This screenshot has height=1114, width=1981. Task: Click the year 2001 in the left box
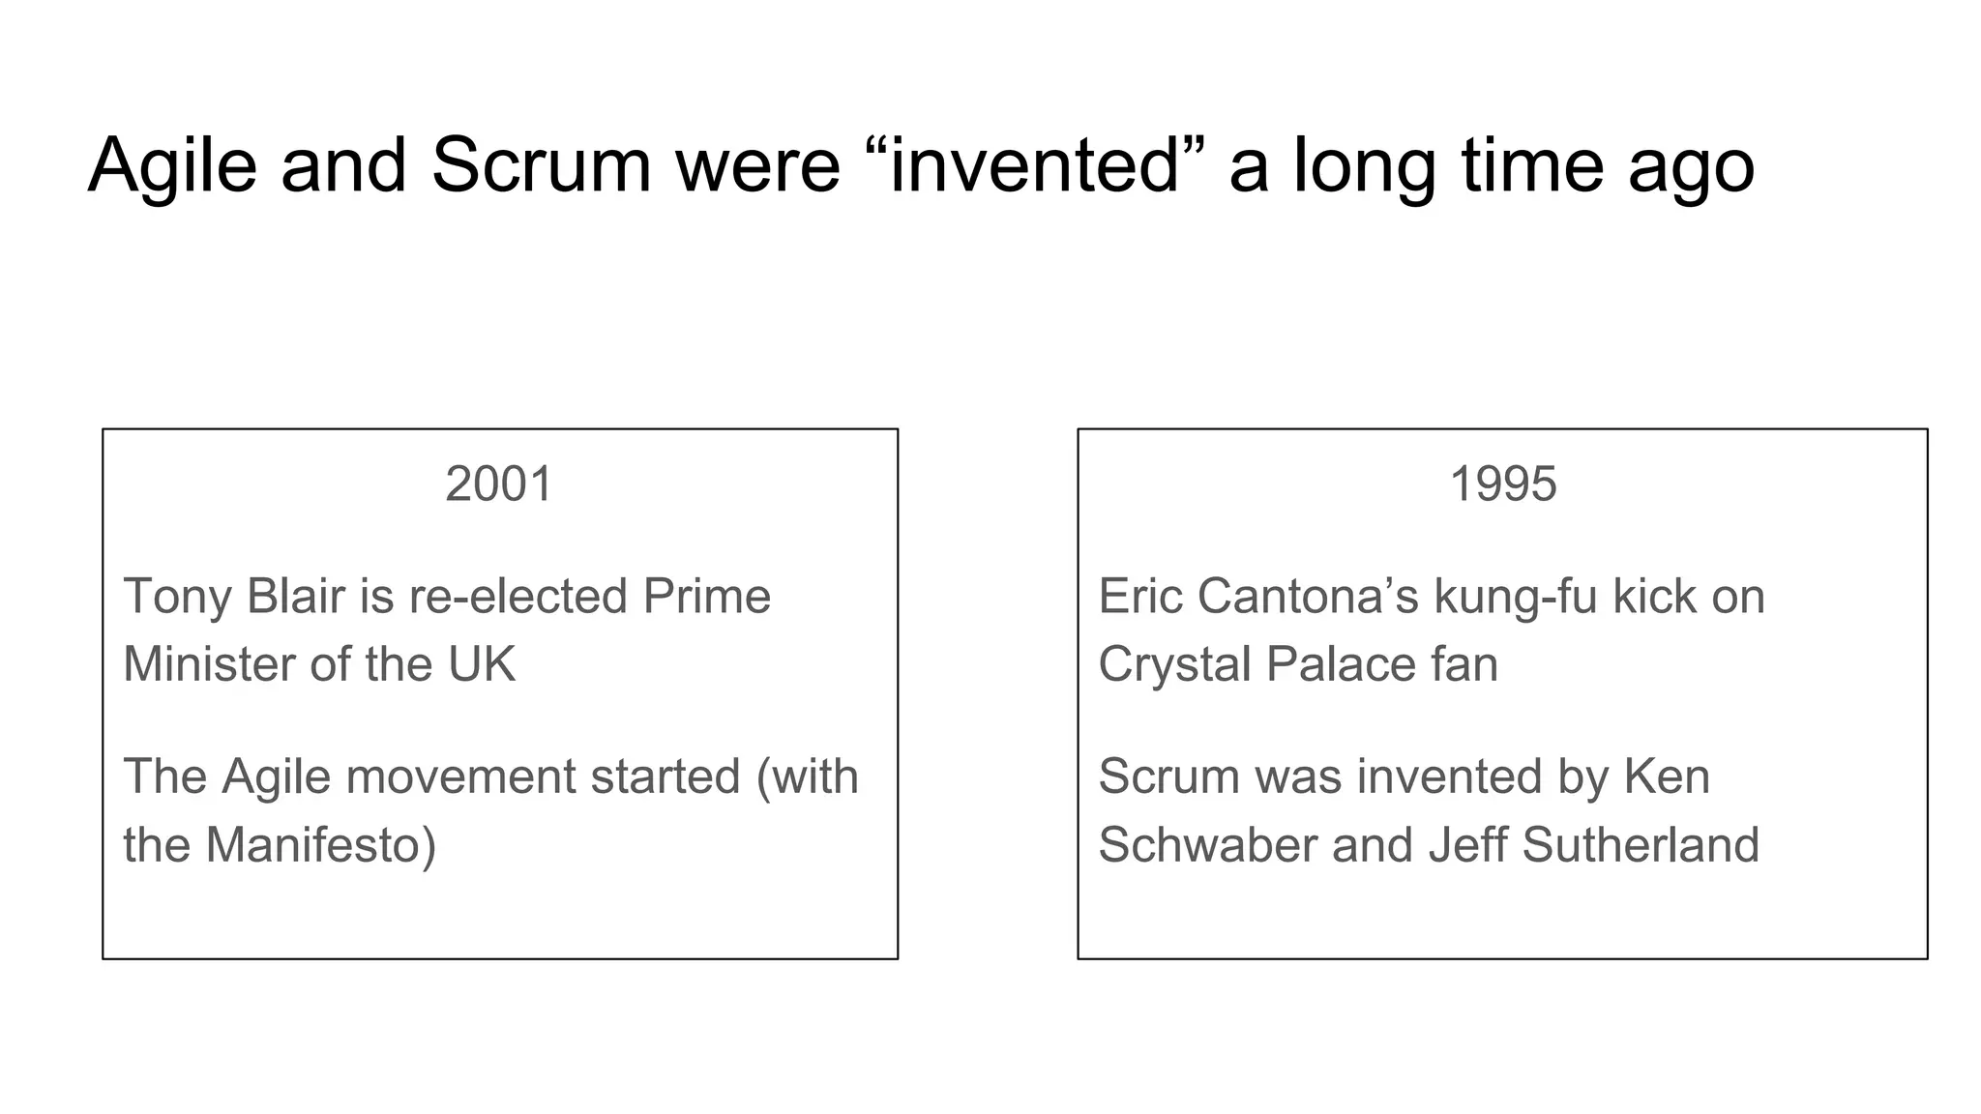pos(498,484)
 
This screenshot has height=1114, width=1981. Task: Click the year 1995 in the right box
pos(1503,484)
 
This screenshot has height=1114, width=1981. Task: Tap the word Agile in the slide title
pos(172,165)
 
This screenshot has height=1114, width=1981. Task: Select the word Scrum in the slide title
pos(541,165)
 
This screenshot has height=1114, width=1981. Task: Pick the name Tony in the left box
pos(178,596)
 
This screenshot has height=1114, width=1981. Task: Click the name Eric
pos(1140,596)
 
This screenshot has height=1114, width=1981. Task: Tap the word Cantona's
pos(1308,596)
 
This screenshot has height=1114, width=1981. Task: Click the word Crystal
pos(1174,664)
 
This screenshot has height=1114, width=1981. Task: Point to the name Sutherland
pos(1641,845)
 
